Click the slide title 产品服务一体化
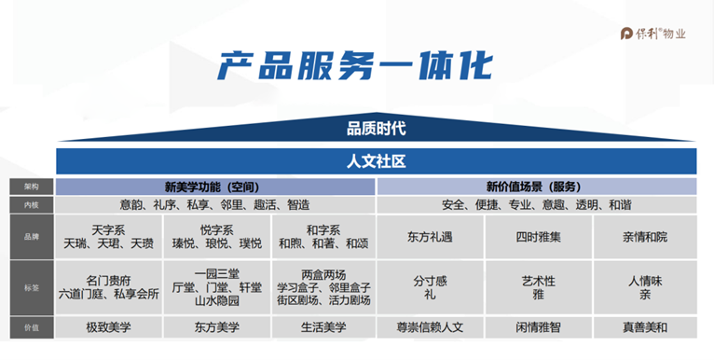357,65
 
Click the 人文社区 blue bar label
376,160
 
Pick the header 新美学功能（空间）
215,186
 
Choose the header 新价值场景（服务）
538,186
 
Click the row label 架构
31,186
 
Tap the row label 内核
31,203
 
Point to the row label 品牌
31,236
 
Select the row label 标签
31,288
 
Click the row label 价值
31,327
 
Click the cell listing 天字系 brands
109,236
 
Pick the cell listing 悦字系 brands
217,236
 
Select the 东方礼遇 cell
431,236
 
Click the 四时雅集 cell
538,236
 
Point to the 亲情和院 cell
645,236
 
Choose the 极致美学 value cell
109,327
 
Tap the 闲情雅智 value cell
538,327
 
